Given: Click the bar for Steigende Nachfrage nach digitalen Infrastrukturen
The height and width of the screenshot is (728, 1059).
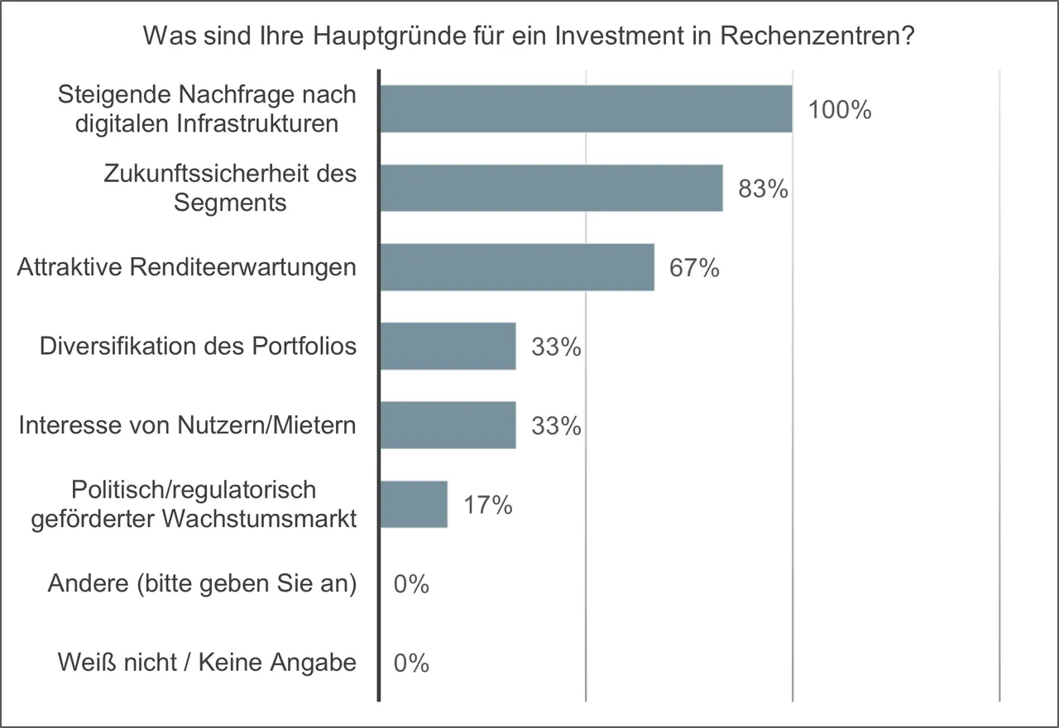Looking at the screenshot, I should click(x=586, y=109).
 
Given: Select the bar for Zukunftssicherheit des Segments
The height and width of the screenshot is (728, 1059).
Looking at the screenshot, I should click(x=551, y=188).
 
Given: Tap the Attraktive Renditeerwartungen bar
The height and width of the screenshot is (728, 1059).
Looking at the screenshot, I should click(x=517, y=267).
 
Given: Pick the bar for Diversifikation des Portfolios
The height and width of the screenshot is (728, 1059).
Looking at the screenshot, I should click(x=448, y=347).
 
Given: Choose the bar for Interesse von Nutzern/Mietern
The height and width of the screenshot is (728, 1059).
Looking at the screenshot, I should click(x=448, y=425).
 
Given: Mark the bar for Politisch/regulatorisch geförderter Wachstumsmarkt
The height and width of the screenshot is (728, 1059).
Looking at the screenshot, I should click(x=414, y=505).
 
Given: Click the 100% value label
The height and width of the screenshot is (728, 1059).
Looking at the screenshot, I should click(x=840, y=110).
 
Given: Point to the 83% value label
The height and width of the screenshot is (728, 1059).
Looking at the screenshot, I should click(x=763, y=189).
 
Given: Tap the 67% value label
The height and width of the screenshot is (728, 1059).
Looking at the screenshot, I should click(x=694, y=269).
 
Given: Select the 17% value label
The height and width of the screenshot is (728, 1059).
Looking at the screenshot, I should click(x=487, y=505).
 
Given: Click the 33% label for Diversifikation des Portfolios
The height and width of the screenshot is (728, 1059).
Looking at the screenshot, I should click(x=556, y=347).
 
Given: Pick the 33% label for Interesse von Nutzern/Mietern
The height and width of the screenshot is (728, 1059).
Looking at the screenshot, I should click(x=556, y=427).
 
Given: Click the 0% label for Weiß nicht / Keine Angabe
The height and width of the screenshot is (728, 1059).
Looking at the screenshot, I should click(x=411, y=663).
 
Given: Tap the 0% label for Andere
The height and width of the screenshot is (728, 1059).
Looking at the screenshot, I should click(x=411, y=585).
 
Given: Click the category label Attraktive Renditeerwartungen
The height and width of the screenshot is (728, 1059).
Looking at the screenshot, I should click(x=187, y=267).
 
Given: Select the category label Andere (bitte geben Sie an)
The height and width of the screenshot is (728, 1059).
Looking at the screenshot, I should click(x=202, y=583).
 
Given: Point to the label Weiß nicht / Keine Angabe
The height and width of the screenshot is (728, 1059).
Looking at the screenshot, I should click(x=207, y=663).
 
